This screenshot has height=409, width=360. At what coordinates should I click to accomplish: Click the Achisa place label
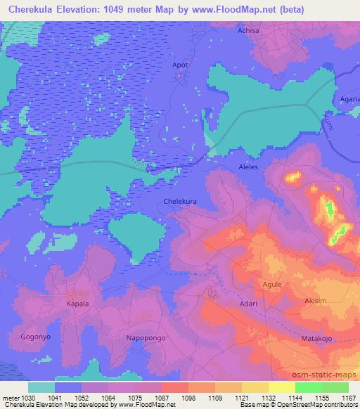point(249,31)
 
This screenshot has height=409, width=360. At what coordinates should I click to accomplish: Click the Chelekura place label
point(181,201)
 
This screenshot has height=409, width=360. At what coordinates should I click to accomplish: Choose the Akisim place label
point(314,301)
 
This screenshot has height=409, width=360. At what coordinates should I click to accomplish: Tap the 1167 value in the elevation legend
point(348,398)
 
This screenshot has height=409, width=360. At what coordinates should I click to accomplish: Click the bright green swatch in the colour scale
point(309,387)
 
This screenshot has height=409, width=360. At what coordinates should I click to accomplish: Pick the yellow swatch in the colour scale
point(281,387)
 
